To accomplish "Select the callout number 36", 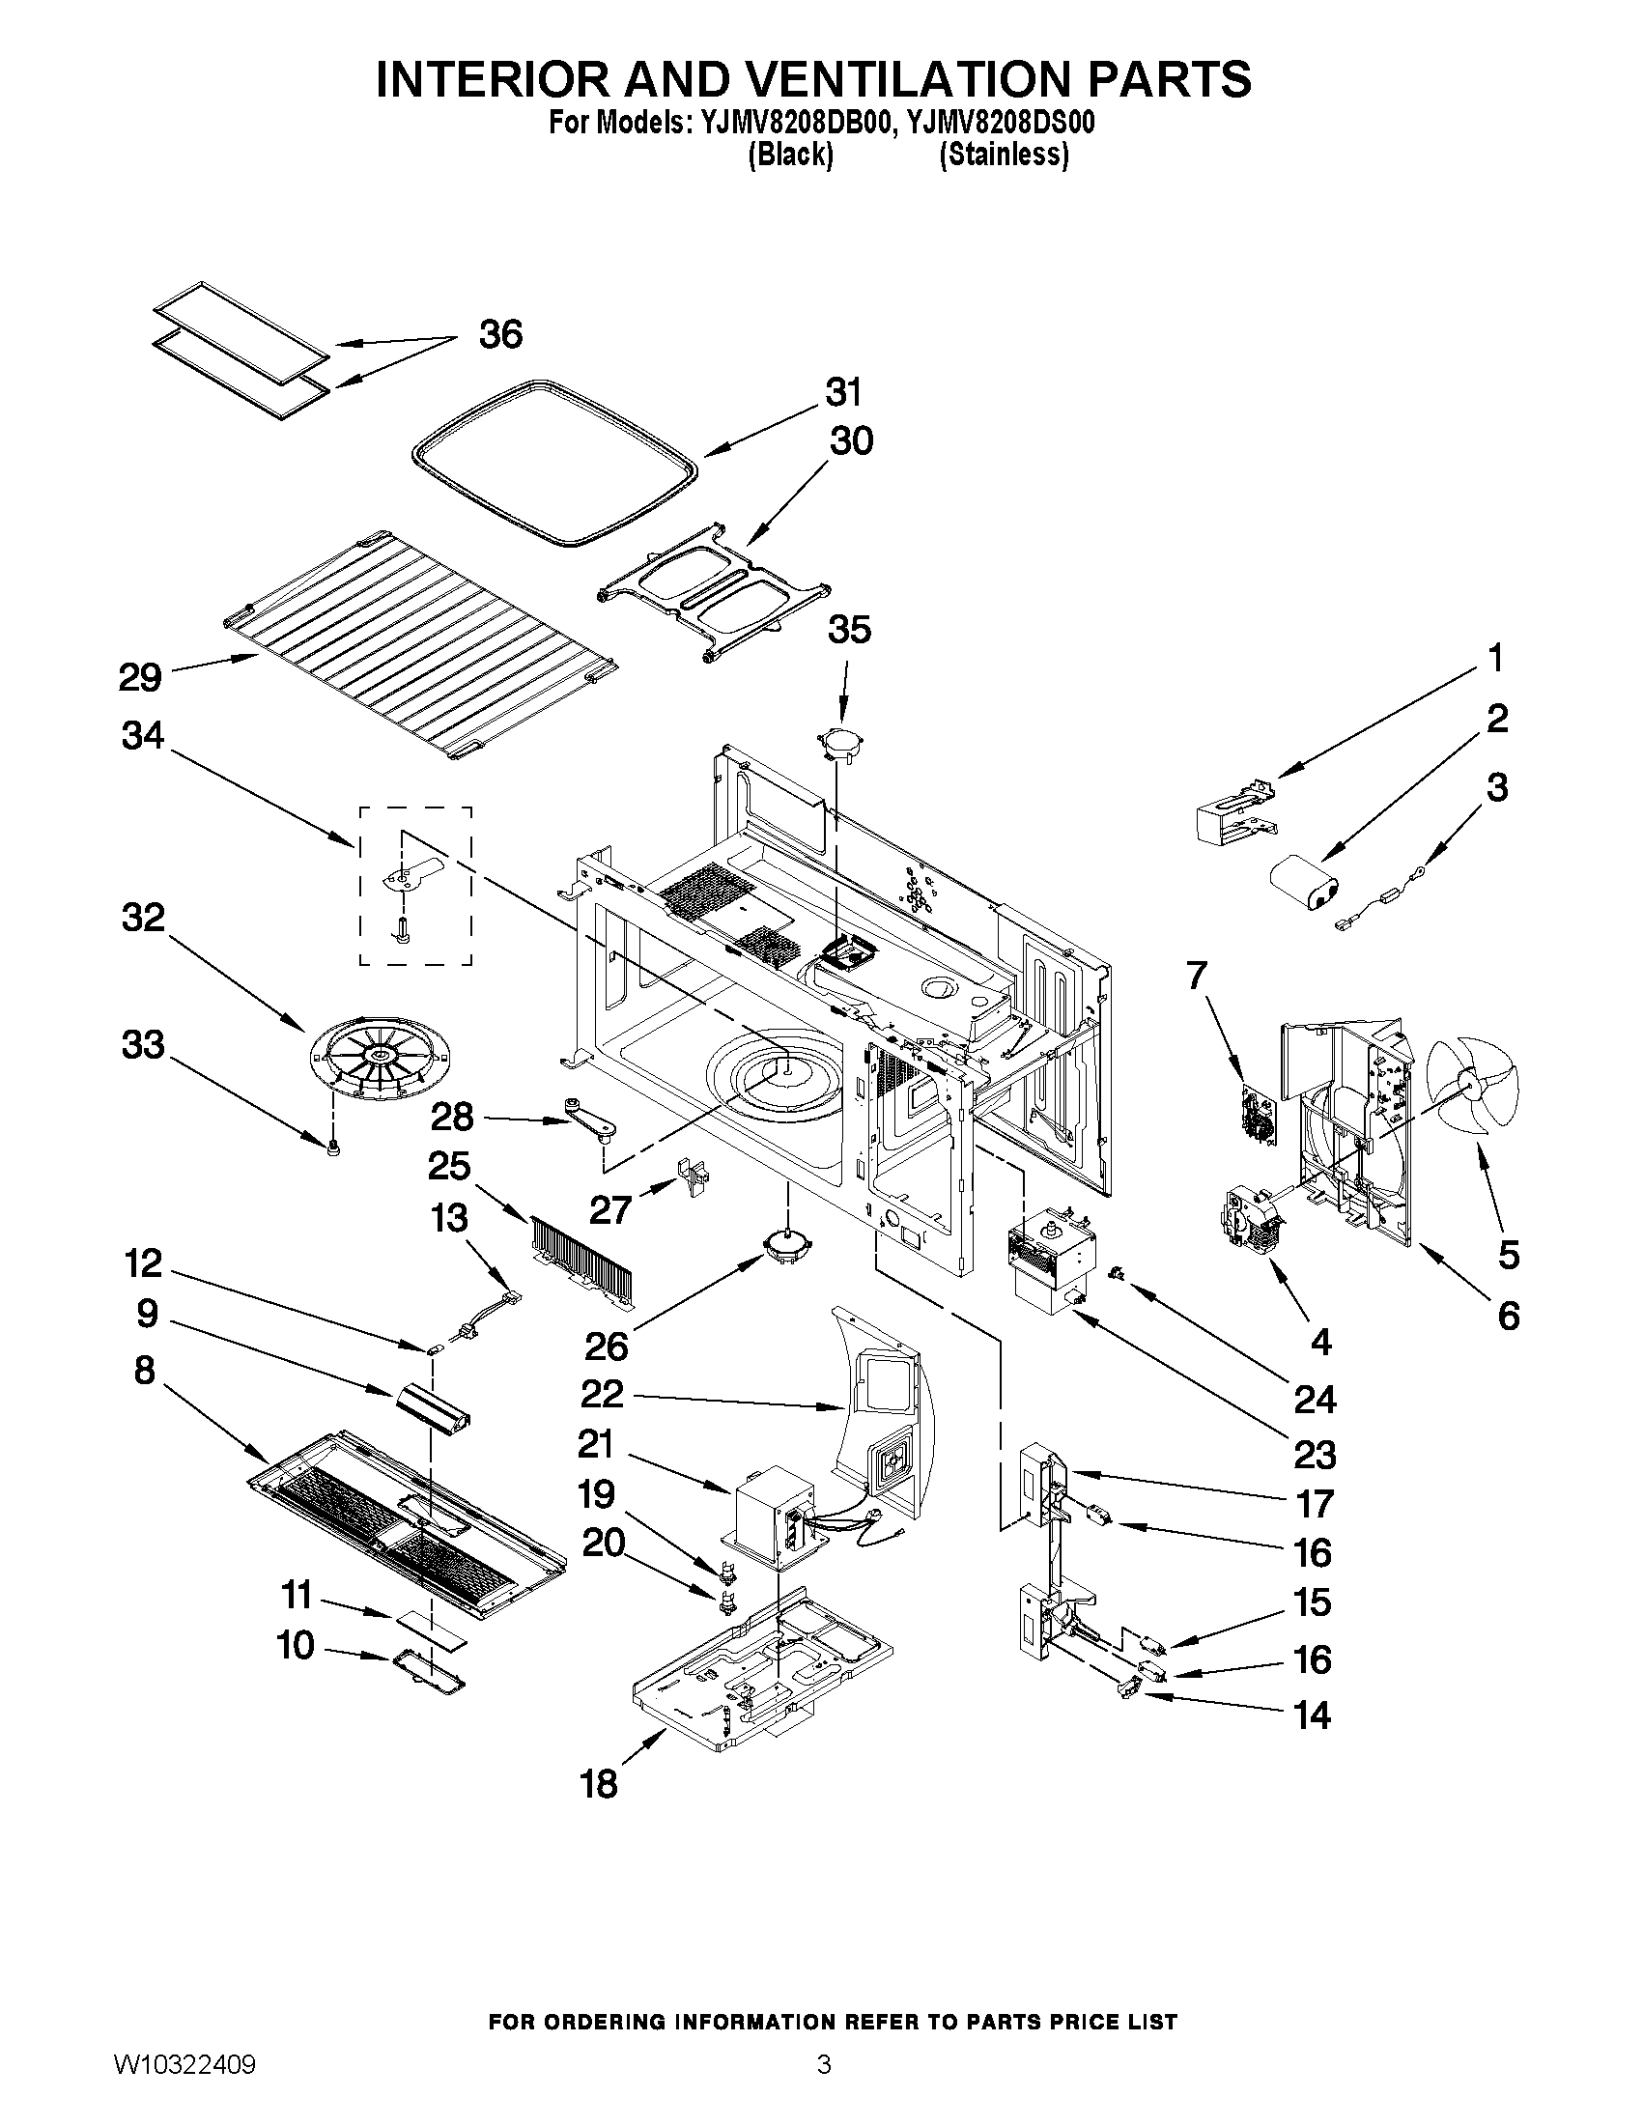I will coord(500,334).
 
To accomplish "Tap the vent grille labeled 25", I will coord(582,1261).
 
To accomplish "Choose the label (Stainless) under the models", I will coord(1003,155).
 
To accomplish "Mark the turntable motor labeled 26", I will coord(786,1248).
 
